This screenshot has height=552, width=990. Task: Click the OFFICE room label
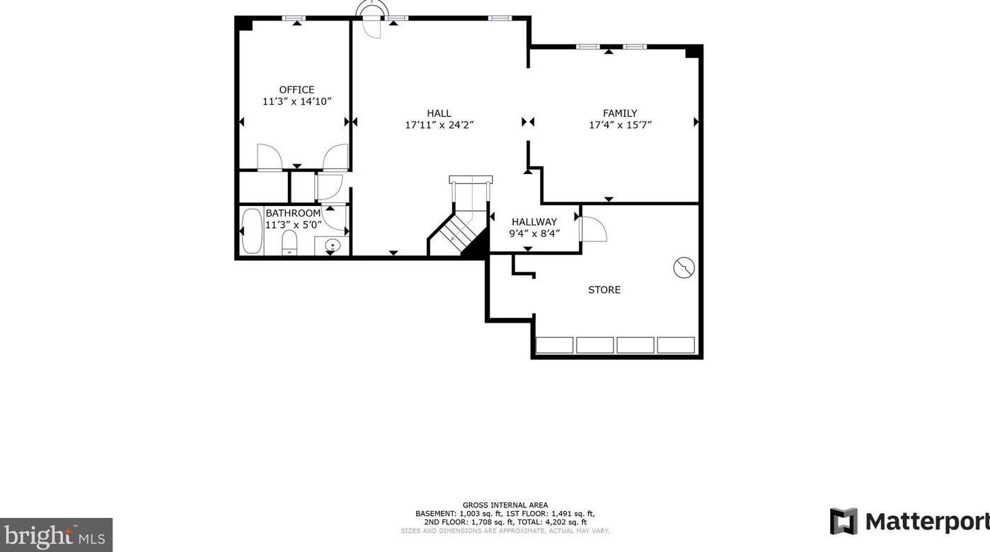[x=297, y=90]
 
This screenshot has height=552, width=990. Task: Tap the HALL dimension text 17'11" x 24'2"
[x=439, y=125]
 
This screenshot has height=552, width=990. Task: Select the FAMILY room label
[x=620, y=113]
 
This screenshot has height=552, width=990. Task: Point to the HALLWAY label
[x=534, y=222]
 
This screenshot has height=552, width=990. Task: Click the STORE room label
[x=604, y=290]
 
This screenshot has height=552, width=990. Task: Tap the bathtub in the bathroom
[x=252, y=231]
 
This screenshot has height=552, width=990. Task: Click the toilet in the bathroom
[x=289, y=243]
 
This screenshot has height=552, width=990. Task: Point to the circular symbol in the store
[x=684, y=268]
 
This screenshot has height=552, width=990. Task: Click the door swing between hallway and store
[x=593, y=229]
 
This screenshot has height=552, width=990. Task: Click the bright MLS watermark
[x=56, y=535]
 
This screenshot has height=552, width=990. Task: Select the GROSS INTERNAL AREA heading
[x=505, y=505]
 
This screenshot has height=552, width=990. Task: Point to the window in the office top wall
[x=294, y=18]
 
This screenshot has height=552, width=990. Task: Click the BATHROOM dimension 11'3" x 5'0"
[x=293, y=224]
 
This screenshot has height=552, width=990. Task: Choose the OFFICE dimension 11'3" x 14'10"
[x=297, y=102]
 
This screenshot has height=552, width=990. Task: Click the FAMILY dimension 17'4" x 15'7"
[x=621, y=125]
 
